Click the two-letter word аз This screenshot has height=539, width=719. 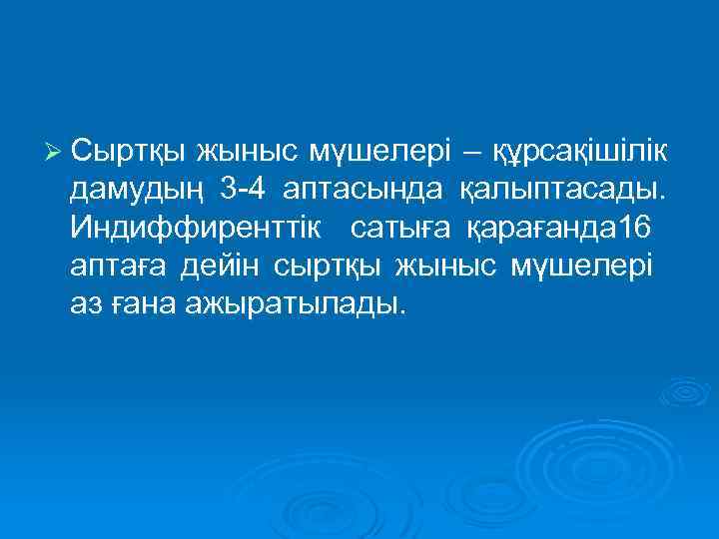(x=86, y=304)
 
